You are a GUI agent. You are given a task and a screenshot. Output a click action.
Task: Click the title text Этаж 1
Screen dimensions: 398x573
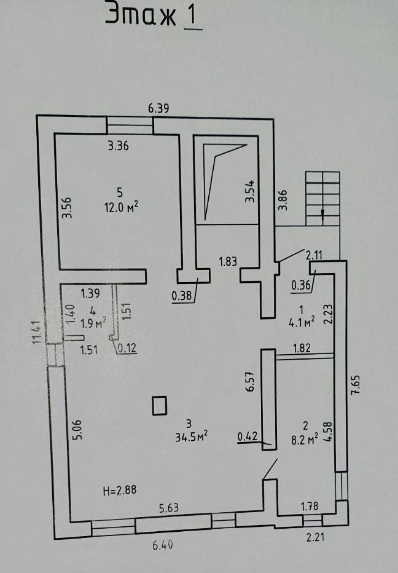[x=154, y=16]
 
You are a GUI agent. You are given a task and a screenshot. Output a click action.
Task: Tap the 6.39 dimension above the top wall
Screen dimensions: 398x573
[x=158, y=109]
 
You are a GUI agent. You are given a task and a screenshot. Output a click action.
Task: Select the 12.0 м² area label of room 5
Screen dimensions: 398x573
[x=121, y=208]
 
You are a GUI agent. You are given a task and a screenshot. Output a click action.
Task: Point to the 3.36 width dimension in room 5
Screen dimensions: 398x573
[x=119, y=146]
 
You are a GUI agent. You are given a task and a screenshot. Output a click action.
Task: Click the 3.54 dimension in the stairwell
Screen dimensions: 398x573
[x=250, y=191]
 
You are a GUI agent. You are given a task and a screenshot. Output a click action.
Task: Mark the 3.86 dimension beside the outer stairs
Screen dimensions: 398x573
[x=283, y=200]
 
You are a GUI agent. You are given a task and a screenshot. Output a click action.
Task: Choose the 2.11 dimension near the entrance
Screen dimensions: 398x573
[x=314, y=255]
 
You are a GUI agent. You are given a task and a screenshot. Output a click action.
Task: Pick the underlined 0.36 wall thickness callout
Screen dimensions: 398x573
[x=301, y=285]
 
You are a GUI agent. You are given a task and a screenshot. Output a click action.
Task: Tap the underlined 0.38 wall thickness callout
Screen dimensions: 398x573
[x=181, y=295]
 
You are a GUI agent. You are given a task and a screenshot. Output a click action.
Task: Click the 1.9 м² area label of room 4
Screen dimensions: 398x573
[x=93, y=323]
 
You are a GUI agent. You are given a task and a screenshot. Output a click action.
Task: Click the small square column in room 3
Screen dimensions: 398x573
[x=159, y=406]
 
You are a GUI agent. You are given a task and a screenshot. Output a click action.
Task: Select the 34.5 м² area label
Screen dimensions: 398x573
[x=192, y=437]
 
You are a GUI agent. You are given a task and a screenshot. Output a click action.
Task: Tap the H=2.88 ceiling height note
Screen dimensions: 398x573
[x=120, y=491]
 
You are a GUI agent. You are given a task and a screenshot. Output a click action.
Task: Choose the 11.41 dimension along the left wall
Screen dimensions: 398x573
[x=36, y=332]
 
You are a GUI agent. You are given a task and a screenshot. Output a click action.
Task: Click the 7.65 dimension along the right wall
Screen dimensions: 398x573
[x=356, y=384]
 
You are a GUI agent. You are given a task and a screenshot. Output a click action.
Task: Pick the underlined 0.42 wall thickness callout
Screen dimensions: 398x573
[x=248, y=437]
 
